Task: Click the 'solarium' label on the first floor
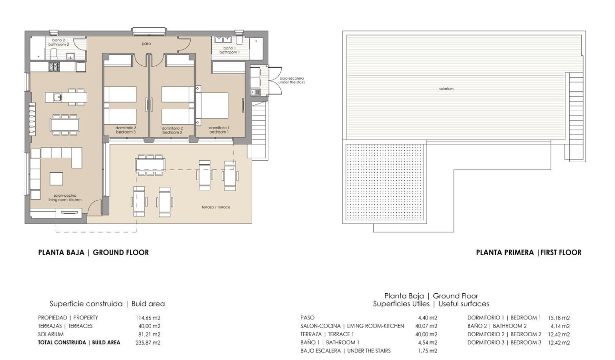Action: click(x=446, y=89)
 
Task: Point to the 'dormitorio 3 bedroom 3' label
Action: click(x=126, y=130)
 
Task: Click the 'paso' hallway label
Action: click(x=146, y=43)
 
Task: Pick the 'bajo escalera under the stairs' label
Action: click(x=291, y=80)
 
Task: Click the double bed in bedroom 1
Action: click(x=214, y=105)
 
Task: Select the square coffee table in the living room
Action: click(x=56, y=178)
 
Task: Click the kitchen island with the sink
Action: click(x=66, y=97)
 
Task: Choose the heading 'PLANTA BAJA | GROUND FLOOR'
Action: click(x=93, y=253)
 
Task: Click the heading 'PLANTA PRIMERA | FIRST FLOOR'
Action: click(x=529, y=253)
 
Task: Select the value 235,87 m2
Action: click(x=148, y=342)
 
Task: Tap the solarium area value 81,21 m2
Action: click(x=149, y=334)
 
